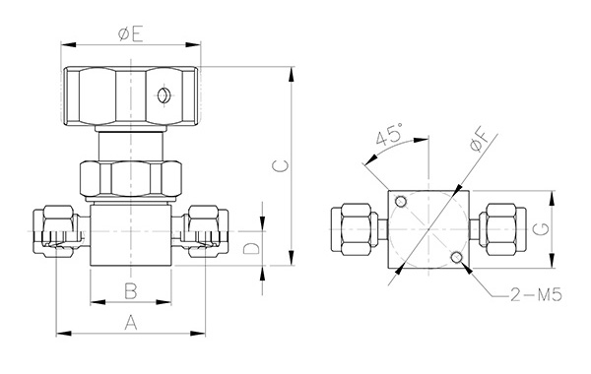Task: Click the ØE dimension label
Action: (x=130, y=34)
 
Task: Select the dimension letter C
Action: (x=281, y=165)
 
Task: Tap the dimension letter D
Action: (x=251, y=249)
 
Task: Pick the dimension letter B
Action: (x=131, y=291)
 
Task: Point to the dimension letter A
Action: (x=131, y=323)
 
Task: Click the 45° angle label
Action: (x=389, y=134)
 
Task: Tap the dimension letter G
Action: (x=542, y=229)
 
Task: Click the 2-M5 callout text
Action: (x=536, y=294)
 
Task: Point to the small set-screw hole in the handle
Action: (x=163, y=95)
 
